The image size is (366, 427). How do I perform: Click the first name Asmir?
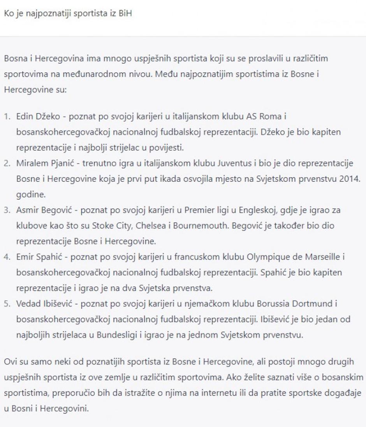[x=26, y=211]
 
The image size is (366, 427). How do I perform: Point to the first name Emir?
[x=24, y=258]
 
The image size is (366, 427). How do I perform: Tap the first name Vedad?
[x=27, y=304]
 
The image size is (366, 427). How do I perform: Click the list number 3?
[x=7, y=211]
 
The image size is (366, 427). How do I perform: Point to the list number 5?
[x=7, y=304]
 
